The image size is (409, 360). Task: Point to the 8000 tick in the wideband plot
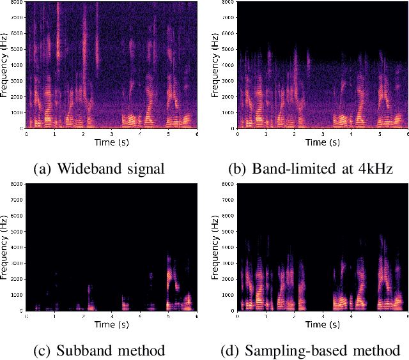point(17,3)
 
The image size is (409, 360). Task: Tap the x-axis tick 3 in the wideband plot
point(111,133)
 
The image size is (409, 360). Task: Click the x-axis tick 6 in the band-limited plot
point(407,133)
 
